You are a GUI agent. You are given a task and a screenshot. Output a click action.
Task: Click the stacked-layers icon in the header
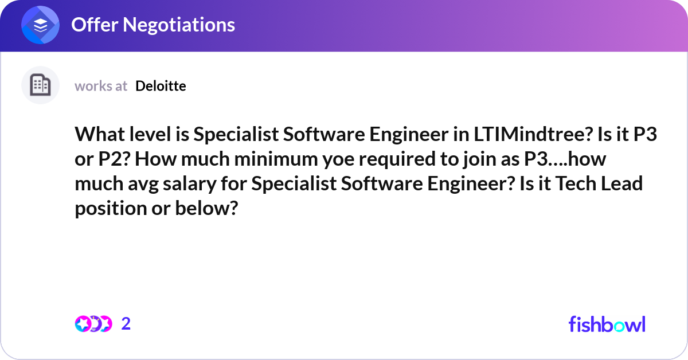40,25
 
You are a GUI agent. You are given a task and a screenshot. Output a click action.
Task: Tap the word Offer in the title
95,25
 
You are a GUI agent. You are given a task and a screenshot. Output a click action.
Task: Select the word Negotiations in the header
179,25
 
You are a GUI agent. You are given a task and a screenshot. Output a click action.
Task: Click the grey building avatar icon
40,85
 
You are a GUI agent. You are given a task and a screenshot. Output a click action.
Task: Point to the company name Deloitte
161,86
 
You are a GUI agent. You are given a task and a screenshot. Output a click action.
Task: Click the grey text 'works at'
101,87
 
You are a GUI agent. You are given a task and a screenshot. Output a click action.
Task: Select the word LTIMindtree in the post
533,134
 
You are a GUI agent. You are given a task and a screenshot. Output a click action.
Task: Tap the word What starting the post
100,134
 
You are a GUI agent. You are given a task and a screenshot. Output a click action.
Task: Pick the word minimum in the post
276,159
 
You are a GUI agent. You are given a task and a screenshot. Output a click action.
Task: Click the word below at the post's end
206,208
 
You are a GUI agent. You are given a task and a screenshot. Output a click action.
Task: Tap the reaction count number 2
126,324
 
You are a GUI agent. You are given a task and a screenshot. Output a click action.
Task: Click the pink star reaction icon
83,324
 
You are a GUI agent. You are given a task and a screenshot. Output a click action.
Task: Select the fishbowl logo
607,324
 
